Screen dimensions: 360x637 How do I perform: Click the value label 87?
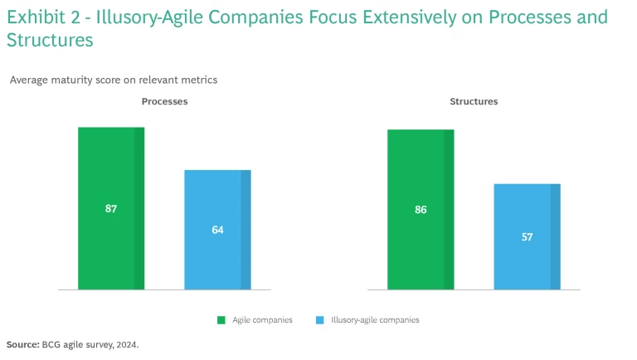click(x=111, y=209)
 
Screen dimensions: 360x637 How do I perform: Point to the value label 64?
click(x=217, y=230)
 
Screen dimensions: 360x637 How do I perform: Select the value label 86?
click(x=421, y=210)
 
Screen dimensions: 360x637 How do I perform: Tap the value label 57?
click(x=527, y=237)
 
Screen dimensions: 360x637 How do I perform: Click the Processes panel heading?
click(x=164, y=101)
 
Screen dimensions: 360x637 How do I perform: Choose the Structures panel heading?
click(x=474, y=101)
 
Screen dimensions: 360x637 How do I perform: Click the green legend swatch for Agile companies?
click(x=221, y=319)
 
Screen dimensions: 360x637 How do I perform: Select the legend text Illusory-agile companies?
click(x=375, y=319)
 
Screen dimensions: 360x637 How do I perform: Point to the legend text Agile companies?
click(x=263, y=319)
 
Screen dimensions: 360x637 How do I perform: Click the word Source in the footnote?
click(x=22, y=343)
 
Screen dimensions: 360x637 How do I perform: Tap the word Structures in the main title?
click(x=49, y=39)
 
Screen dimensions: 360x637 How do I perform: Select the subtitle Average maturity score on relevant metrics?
click(x=114, y=80)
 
